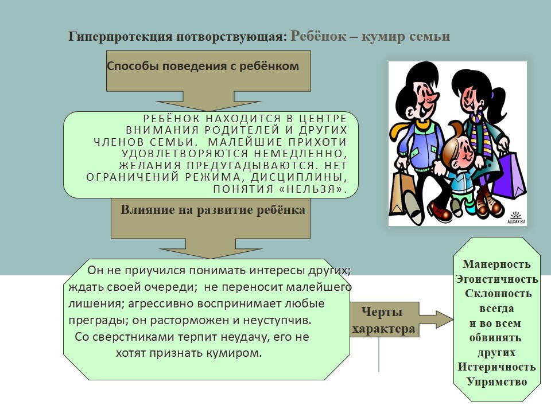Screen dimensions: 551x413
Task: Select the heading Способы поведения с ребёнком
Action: (203, 66)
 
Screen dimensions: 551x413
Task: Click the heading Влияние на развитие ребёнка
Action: (213, 210)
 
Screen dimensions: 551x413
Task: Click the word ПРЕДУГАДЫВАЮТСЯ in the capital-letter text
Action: (251, 165)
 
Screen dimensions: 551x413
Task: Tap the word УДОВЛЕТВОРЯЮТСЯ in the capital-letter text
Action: (185, 154)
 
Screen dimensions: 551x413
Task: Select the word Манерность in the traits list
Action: (496, 264)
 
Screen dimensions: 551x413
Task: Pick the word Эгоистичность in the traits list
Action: (496, 279)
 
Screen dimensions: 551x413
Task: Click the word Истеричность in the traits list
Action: (496, 367)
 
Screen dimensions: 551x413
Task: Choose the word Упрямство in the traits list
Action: (496, 382)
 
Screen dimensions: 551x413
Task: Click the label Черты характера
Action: (383, 320)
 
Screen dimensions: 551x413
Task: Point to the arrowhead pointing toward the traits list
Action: (445, 320)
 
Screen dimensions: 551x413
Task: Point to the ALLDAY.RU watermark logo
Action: (516, 218)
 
